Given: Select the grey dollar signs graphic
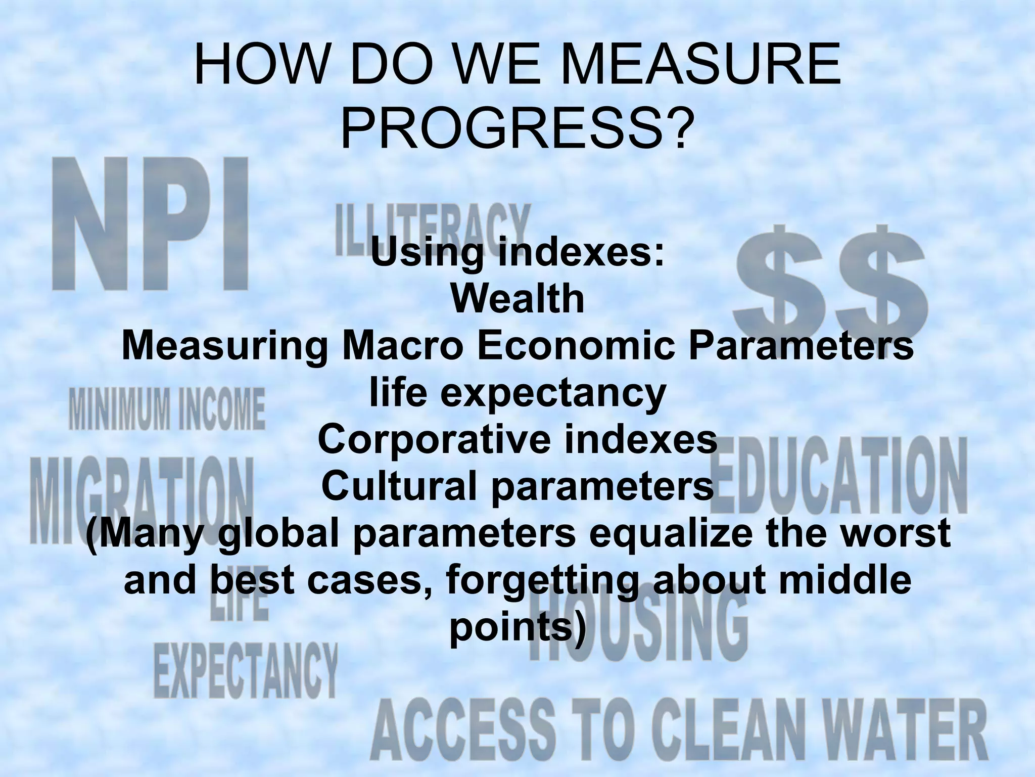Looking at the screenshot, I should (829, 283).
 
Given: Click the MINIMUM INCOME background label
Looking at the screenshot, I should (167, 408).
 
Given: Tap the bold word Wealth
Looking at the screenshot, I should (517, 299).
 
